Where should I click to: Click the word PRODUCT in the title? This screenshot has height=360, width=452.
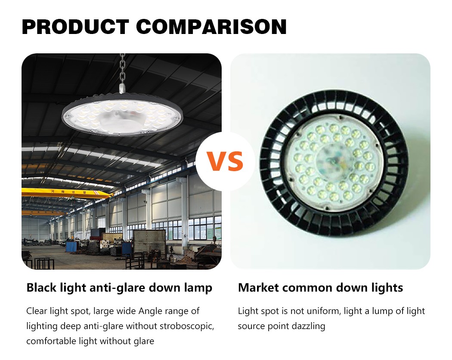(x=75, y=27)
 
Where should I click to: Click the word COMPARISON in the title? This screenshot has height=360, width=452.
(x=211, y=27)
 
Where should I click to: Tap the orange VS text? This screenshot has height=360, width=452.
(x=225, y=161)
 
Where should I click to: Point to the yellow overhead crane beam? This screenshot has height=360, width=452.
(x=66, y=194)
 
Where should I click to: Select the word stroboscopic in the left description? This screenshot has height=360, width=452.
(x=187, y=326)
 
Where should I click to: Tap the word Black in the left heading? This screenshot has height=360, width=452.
(x=41, y=288)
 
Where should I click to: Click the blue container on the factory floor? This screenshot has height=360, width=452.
(x=72, y=246)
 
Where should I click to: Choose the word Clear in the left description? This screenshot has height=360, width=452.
(x=37, y=311)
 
